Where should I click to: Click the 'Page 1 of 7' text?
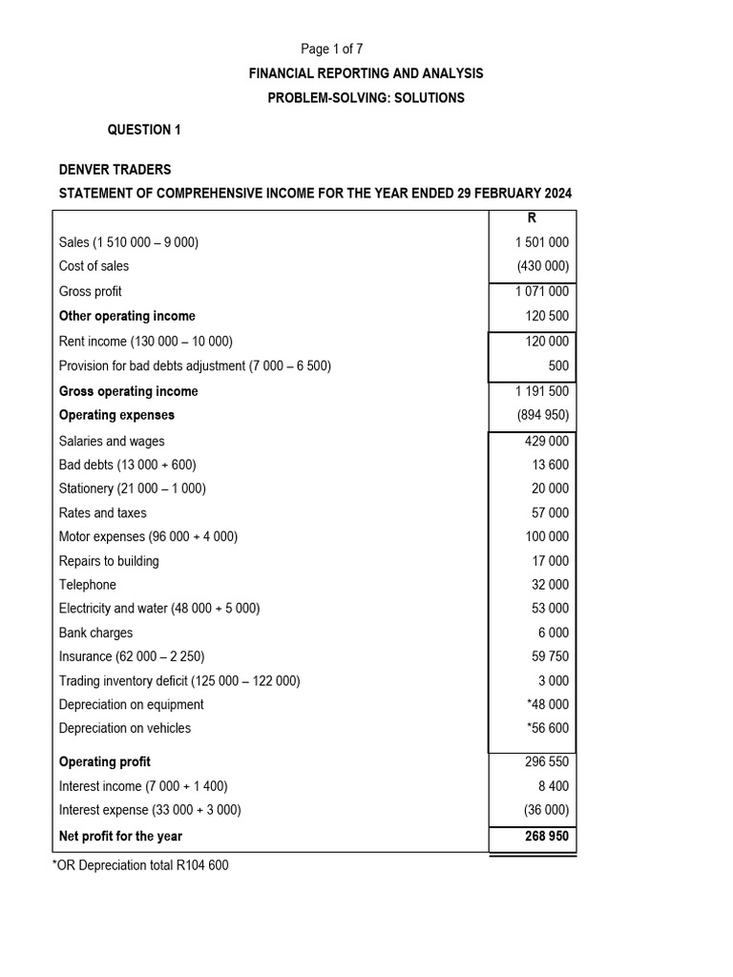[332, 49]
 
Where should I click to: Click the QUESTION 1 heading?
[142, 130]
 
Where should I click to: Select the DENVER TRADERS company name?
[115, 170]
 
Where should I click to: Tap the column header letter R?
[532, 218]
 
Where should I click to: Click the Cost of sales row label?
[94, 266]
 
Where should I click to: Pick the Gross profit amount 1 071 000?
[541, 292]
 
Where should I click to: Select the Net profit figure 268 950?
[541, 836]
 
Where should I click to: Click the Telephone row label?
[88, 585]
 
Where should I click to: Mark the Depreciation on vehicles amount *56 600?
[547, 728]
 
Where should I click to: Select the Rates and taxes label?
[103, 513]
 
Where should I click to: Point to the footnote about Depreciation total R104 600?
[140, 865]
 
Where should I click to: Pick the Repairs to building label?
[109, 561]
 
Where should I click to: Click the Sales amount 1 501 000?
[541, 242]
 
